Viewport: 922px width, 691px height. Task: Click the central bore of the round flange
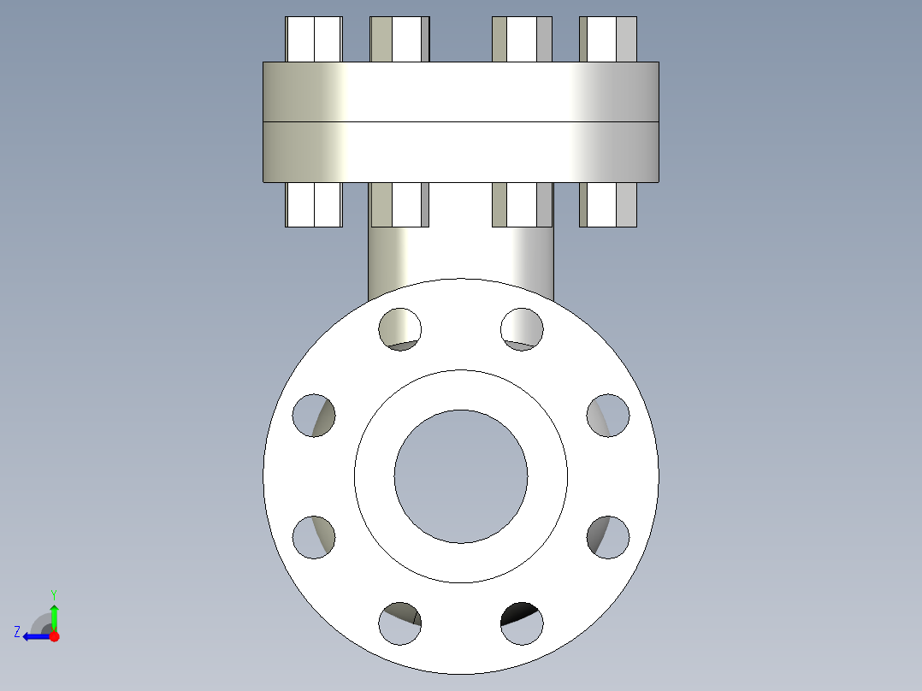coord(460,476)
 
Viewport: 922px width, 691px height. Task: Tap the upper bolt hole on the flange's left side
coord(314,416)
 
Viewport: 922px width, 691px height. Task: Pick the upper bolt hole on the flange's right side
coord(607,416)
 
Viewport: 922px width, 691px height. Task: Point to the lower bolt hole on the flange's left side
coord(314,537)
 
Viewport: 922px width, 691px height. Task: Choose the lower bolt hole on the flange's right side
coord(607,537)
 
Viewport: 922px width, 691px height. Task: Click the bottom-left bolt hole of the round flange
coord(399,623)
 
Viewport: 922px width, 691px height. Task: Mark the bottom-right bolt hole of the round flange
coord(522,623)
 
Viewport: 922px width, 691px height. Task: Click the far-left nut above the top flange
coord(314,39)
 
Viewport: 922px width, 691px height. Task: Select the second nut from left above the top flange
coord(399,39)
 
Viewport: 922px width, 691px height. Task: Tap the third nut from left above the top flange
coord(522,39)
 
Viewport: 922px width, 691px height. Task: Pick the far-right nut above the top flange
coord(608,39)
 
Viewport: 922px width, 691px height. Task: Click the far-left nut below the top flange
coord(314,204)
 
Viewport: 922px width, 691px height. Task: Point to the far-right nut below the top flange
coord(608,204)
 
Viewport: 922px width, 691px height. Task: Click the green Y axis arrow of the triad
coord(54,612)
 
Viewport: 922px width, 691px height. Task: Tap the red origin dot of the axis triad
coord(54,636)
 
